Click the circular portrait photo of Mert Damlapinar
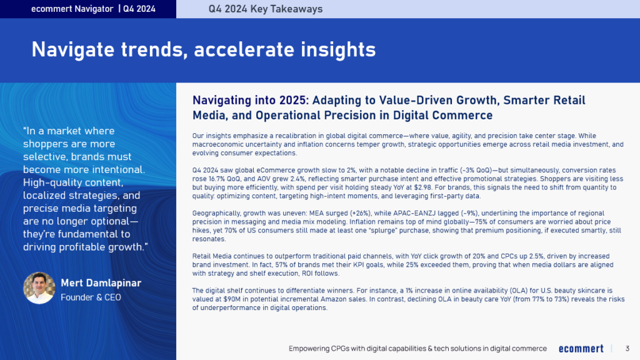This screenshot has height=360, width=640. [39, 288]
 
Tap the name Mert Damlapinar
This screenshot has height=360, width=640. [101, 283]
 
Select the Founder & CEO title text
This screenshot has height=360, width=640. [91, 297]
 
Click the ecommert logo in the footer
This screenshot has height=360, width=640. [581, 349]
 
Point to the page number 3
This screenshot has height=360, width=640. [627, 349]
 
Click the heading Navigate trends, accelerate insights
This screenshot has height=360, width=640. [203, 49]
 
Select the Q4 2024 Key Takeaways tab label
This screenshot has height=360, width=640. [265, 9]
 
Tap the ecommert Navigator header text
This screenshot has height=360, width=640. [72, 9]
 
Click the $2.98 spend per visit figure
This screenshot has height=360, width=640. [422, 187]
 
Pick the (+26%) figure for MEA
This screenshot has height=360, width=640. [360, 214]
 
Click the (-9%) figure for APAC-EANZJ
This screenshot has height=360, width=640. [467, 214]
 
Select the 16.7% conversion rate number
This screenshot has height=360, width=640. [217, 179]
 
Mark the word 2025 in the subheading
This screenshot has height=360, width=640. [293, 101]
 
